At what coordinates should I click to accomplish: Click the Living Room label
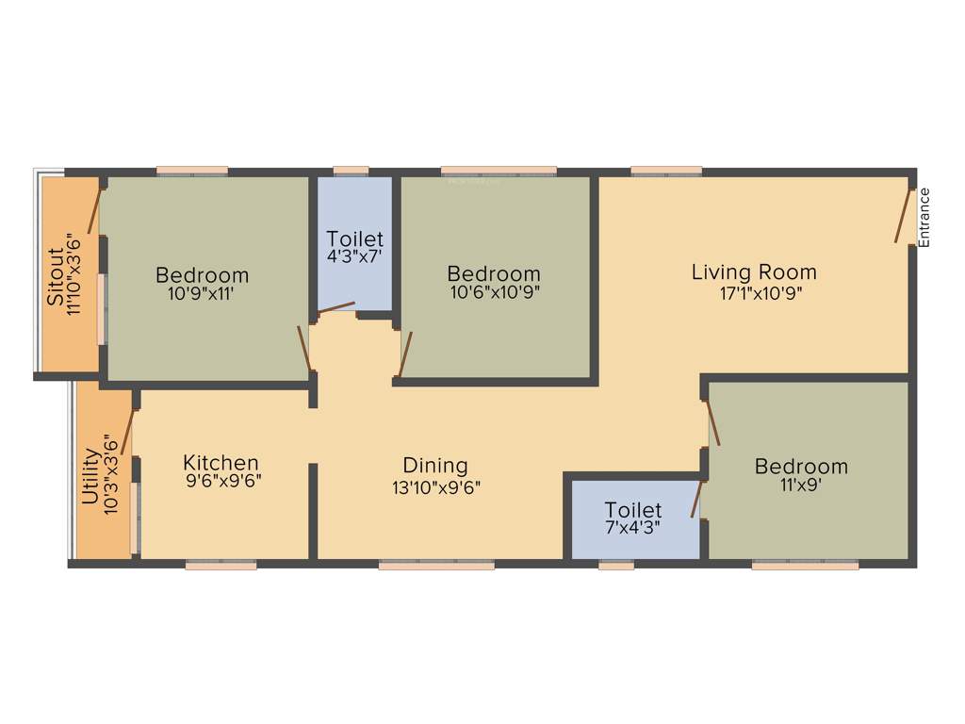[754, 272]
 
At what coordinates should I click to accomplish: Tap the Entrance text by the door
[924, 218]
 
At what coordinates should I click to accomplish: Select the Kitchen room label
[221, 463]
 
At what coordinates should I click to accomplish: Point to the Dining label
[435, 465]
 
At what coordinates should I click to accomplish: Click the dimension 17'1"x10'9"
[754, 292]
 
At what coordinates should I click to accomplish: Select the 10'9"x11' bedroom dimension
[202, 294]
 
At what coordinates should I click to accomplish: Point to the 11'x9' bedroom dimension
[800, 486]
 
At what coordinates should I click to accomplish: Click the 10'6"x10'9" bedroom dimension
[494, 293]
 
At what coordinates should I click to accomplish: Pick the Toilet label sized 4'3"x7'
[354, 239]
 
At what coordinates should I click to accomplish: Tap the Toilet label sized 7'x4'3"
[633, 510]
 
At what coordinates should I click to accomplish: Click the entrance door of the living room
[904, 216]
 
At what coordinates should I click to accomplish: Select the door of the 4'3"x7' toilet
[336, 306]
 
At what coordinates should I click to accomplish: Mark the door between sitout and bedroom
[93, 210]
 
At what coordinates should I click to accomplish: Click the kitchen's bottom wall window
[221, 566]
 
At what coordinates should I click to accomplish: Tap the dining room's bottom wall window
[436, 566]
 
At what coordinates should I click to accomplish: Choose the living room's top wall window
[666, 171]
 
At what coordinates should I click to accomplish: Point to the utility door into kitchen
[127, 433]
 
